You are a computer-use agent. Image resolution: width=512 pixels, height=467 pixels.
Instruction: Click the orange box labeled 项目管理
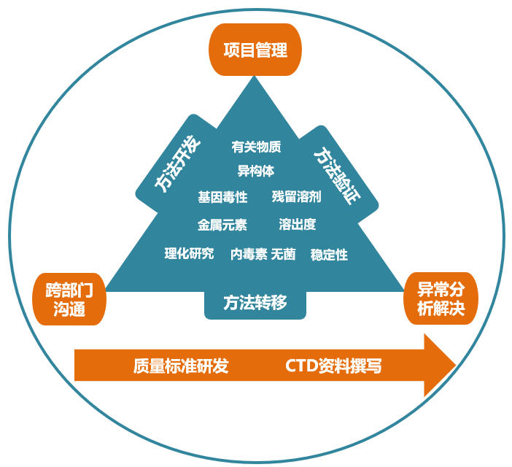tap(255, 50)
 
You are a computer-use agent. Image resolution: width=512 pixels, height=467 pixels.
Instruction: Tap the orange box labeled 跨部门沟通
tap(69, 299)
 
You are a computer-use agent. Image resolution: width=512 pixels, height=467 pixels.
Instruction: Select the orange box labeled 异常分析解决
tap(441, 298)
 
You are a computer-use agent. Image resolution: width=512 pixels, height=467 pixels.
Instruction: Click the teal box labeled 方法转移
tap(255, 302)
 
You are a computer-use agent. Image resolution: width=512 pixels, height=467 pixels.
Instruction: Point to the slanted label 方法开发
tap(177, 163)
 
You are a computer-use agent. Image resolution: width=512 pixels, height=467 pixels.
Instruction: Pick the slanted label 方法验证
tap(337, 176)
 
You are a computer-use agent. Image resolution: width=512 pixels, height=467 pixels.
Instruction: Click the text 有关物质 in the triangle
tap(256, 147)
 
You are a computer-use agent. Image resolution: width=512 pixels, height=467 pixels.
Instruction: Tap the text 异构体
tap(256, 171)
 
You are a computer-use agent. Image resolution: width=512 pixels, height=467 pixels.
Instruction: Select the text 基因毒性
tap(222, 197)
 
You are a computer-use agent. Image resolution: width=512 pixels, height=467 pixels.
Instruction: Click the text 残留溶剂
tap(297, 196)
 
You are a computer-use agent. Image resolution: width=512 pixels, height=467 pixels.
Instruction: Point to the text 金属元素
tap(222, 225)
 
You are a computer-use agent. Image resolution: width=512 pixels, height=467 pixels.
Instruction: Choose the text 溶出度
tap(298, 224)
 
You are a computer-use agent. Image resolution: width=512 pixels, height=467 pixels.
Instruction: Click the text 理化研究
tap(189, 253)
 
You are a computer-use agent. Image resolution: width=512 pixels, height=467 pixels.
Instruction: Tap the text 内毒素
tap(249, 254)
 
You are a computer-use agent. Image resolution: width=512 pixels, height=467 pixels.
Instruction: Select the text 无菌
tap(283, 254)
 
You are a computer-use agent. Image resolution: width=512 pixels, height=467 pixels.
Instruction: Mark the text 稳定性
tap(329, 255)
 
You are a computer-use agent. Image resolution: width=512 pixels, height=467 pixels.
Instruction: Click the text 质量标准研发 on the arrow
tap(181, 366)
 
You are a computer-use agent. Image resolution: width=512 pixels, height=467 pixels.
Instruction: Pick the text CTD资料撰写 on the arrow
tap(333, 366)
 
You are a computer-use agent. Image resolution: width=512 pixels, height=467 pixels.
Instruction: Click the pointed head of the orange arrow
tap(455, 365)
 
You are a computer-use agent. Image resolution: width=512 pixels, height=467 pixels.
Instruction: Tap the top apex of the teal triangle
tap(255, 77)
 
